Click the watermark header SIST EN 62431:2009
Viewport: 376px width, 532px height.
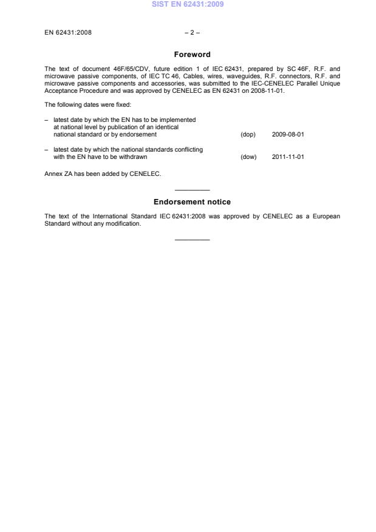(188, 5)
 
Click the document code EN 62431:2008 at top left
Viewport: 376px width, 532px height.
(68, 32)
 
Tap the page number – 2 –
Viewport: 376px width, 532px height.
(188, 32)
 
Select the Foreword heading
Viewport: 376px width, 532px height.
(192, 55)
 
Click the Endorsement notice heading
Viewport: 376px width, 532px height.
(192, 202)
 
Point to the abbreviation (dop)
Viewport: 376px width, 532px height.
(248, 135)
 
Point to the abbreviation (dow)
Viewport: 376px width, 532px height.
(248, 157)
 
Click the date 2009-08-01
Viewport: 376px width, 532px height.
(288, 135)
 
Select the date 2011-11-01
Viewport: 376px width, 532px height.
(288, 157)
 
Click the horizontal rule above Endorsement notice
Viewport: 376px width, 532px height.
(192, 190)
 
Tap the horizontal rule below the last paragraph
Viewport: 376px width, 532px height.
(192, 240)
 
